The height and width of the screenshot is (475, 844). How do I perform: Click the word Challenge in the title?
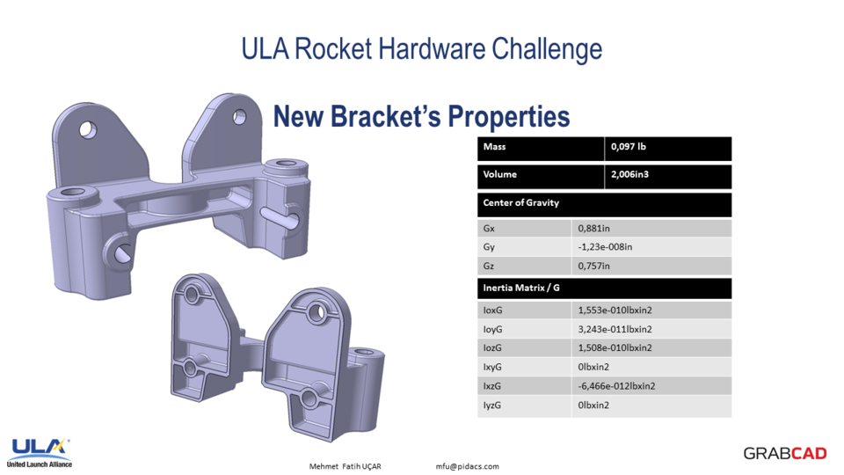click(x=549, y=48)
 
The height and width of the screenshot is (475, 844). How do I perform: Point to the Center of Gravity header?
click(x=521, y=203)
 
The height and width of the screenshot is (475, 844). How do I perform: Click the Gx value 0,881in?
click(x=594, y=228)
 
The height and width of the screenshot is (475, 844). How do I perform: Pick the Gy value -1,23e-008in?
click(x=605, y=247)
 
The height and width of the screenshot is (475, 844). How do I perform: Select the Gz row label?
click(x=490, y=267)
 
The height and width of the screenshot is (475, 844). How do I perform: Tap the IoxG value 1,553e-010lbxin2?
click(x=615, y=311)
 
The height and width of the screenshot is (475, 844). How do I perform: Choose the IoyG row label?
click(x=493, y=330)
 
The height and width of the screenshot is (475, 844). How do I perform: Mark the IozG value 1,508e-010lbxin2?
click(x=615, y=348)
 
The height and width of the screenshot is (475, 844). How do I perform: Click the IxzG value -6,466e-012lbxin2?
click(x=616, y=386)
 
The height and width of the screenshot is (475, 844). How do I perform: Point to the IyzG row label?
click(x=493, y=406)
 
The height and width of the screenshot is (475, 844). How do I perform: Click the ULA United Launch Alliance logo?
click(x=40, y=451)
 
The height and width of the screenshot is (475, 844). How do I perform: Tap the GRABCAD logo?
click(x=785, y=454)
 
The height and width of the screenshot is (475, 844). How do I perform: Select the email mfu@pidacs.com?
click(x=467, y=466)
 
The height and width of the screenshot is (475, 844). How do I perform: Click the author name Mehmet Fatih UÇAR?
click(x=346, y=466)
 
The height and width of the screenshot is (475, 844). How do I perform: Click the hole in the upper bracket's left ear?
click(x=86, y=129)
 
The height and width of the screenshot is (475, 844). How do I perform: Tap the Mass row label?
click(x=494, y=147)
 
